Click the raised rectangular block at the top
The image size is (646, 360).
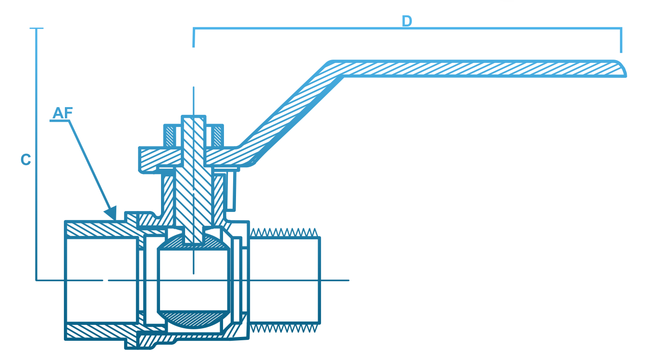(x=442, y=13)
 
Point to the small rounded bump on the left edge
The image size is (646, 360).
(x=23, y=159)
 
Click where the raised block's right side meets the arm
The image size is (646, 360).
(x=530, y=27)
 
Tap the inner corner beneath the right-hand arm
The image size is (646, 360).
(x=354, y=77)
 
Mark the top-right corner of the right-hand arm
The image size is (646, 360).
(x=622, y=27)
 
